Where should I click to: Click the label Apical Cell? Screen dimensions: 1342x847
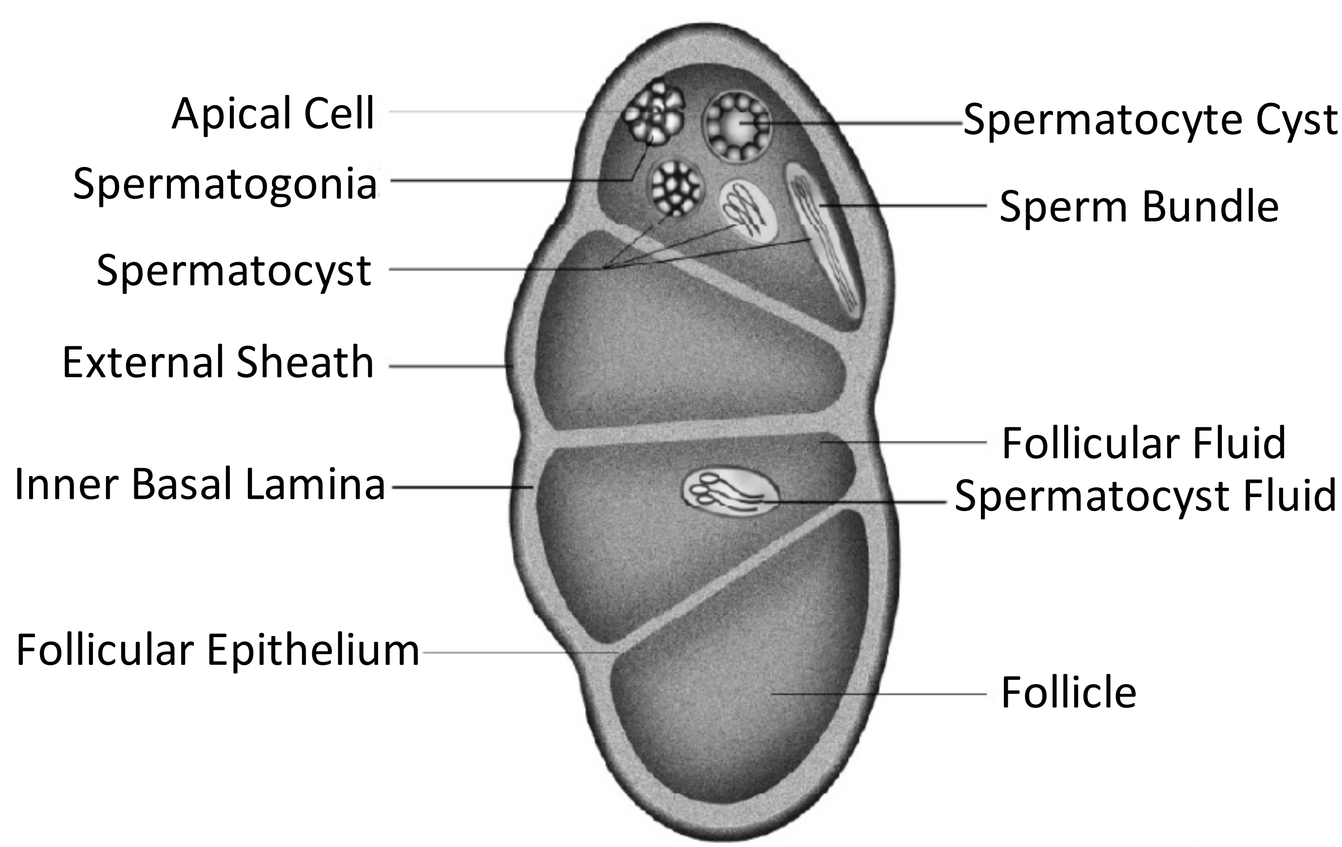[x=273, y=114]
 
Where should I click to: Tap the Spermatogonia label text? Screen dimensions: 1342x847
[x=225, y=184]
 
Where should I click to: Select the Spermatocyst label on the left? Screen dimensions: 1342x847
[x=234, y=270]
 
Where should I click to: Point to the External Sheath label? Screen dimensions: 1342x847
[x=218, y=362]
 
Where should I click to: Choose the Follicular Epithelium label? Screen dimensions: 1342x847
[x=217, y=650]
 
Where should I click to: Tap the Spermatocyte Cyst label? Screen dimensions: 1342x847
[x=1149, y=120]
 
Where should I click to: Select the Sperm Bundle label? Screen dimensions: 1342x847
[x=1138, y=207]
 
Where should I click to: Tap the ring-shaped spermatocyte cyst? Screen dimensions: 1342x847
[x=737, y=127]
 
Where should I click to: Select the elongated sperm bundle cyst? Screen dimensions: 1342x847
[x=825, y=245]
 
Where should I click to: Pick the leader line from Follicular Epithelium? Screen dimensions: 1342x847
[x=518, y=652]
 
